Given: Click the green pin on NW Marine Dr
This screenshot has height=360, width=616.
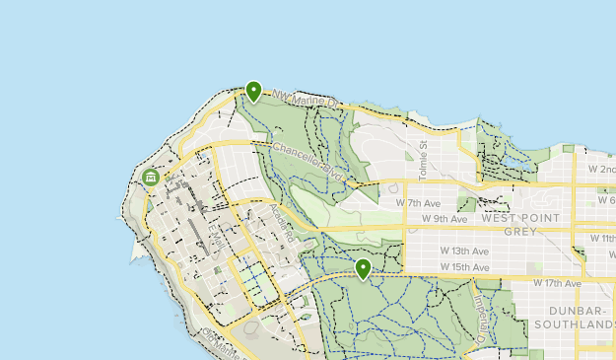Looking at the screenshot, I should click(x=253, y=92).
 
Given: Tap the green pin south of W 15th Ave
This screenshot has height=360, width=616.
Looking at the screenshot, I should click(x=363, y=268).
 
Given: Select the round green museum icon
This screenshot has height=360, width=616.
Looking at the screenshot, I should click(x=151, y=178).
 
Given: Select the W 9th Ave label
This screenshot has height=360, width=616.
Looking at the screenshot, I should click(x=443, y=218).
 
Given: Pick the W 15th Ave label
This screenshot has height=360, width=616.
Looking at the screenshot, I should click(x=464, y=266).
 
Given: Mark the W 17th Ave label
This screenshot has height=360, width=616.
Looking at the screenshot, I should click(x=557, y=283).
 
